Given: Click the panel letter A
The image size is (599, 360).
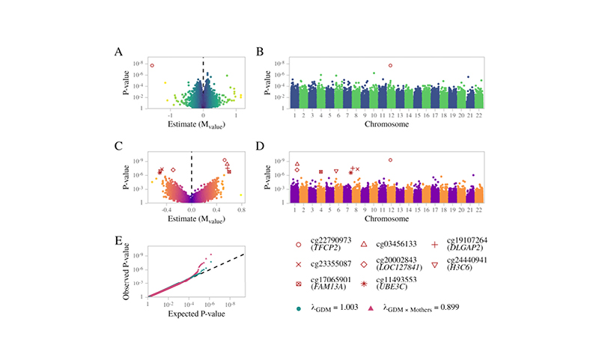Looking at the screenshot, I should click(x=118, y=52).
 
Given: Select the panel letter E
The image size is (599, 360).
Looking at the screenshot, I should click(x=118, y=240).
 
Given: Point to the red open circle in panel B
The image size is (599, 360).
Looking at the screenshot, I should click(x=390, y=65).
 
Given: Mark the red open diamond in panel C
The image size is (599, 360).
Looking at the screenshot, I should click(x=173, y=170).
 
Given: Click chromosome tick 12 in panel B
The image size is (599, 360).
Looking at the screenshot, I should click(x=390, y=115).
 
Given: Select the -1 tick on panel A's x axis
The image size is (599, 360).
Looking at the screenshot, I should click(x=171, y=116).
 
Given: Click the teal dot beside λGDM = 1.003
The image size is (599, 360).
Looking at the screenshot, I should click(x=300, y=306).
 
